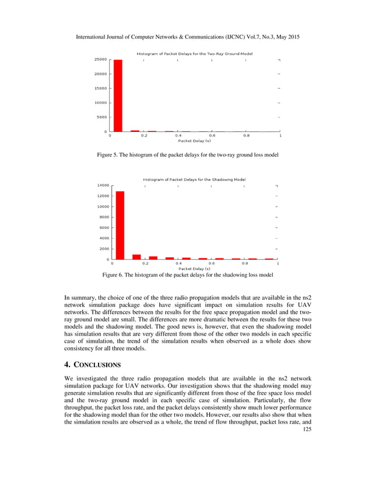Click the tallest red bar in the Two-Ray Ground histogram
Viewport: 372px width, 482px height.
(x=118, y=96)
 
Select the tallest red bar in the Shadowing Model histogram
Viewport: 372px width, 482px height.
(x=120, y=225)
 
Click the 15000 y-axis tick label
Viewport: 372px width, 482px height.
(x=100, y=88)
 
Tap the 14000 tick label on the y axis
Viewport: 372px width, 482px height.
(x=103, y=185)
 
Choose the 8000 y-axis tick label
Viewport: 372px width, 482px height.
(x=104, y=217)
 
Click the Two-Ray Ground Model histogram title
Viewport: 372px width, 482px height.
(x=195, y=54)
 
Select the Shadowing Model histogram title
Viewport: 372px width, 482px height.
(x=194, y=179)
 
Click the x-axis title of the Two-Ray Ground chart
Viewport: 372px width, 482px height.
(x=195, y=141)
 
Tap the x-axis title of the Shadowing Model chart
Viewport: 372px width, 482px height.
(x=195, y=268)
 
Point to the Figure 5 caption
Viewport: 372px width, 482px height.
(x=187, y=155)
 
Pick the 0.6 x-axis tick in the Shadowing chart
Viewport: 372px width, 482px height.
(x=212, y=263)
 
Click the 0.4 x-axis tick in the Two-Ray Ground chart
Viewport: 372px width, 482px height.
(x=178, y=135)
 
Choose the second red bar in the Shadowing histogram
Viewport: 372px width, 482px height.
(x=136, y=257)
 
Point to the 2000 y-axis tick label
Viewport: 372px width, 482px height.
(x=104, y=249)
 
